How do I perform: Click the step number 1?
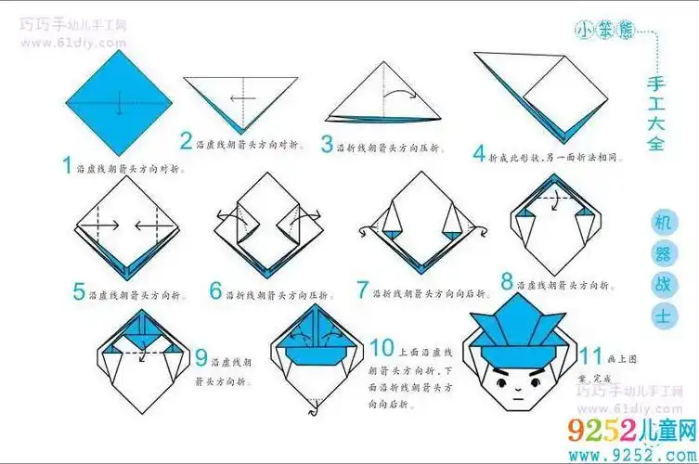(x=67, y=166)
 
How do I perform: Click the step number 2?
(x=187, y=142)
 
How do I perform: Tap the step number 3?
(x=327, y=145)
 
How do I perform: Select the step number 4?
(x=479, y=154)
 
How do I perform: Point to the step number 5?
(x=80, y=292)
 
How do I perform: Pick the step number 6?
(x=215, y=292)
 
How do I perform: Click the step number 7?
(x=363, y=290)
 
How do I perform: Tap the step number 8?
(x=507, y=280)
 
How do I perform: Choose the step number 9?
(x=201, y=356)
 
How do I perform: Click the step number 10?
(x=382, y=348)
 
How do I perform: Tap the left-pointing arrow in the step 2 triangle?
(x=241, y=97)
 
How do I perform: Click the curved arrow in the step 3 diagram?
(x=402, y=93)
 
